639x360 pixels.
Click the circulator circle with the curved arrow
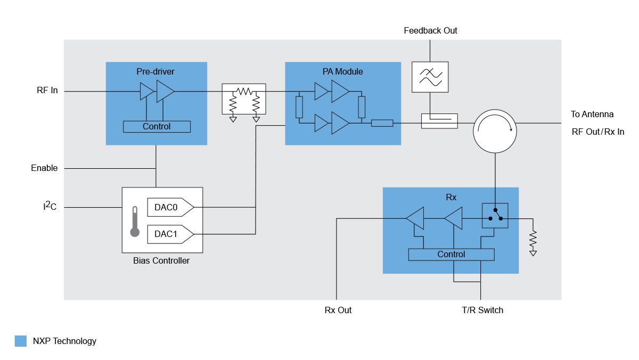click(x=495, y=131)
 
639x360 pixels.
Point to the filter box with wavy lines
click(x=430, y=77)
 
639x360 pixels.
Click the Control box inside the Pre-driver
click(x=157, y=127)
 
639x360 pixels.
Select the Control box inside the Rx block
click(x=451, y=255)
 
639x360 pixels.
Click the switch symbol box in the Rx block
click(x=495, y=216)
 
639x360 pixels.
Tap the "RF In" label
click(x=47, y=91)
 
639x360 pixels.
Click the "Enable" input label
click(x=44, y=168)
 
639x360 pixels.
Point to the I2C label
click(x=50, y=207)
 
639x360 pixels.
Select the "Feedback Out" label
click(x=430, y=31)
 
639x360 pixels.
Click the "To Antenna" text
click(x=592, y=114)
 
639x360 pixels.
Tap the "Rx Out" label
click(x=338, y=310)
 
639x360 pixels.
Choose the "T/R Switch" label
click(x=482, y=310)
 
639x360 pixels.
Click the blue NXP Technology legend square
click(x=21, y=341)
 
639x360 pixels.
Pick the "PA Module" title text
click(x=343, y=71)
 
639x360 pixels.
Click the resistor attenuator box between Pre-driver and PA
click(x=244, y=99)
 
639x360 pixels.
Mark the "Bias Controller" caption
click(x=161, y=261)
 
